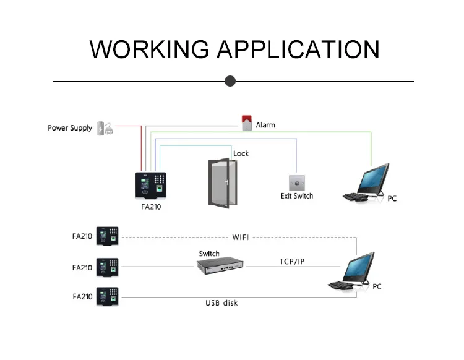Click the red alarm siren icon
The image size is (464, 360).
[x=246, y=122]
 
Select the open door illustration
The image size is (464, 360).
[x=223, y=183]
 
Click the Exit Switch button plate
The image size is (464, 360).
[x=297, y=183]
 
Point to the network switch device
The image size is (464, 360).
[x=220, y=265]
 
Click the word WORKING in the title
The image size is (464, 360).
[x=149, y=49]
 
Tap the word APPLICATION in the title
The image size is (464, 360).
[x=298, y=49]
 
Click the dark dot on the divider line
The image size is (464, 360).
[x=230, y=81]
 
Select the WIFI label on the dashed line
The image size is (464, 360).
[x=241, y=238]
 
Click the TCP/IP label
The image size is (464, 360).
[x=292, y=262]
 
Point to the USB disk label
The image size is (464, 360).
[x=221, y=303]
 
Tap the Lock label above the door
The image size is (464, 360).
[x=241, y=153]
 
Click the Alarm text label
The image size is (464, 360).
[x=265, y=125]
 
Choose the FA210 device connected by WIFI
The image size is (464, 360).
[x=108, y=236]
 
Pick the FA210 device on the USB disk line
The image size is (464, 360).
[x=108, y=296]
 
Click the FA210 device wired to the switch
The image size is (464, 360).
[x=108, y=267]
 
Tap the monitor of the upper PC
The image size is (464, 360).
[x=374, y=178]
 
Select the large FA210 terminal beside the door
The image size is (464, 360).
[x=150, y=186]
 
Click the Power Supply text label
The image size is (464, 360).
[x=70, y=128]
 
